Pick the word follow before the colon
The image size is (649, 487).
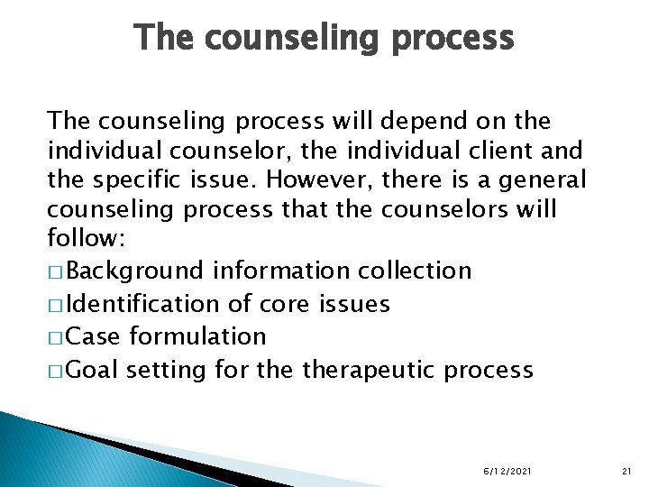click(78, 241)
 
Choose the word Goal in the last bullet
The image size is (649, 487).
click(93, 370)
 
